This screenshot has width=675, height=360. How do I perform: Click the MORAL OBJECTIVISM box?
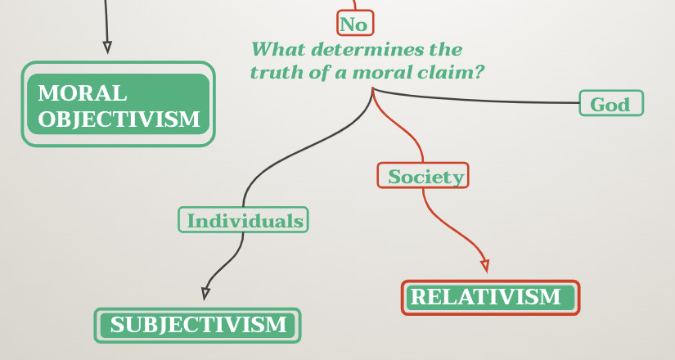[118, 105]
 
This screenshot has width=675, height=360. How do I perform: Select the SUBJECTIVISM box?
[198, 325]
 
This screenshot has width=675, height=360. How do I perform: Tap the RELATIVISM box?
[490, 297]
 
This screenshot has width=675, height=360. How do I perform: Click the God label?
[610, 104]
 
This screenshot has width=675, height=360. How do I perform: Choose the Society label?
[423, 175]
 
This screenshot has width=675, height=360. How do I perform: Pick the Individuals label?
[244, 220]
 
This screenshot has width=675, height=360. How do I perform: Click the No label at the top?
[354, 24]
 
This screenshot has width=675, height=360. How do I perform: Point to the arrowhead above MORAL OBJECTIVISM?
[107, 47]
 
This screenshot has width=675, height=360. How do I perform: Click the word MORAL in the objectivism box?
[82, 92]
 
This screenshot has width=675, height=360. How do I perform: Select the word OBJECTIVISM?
[119, 119]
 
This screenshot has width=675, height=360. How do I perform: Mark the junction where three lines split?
[373, 89]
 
